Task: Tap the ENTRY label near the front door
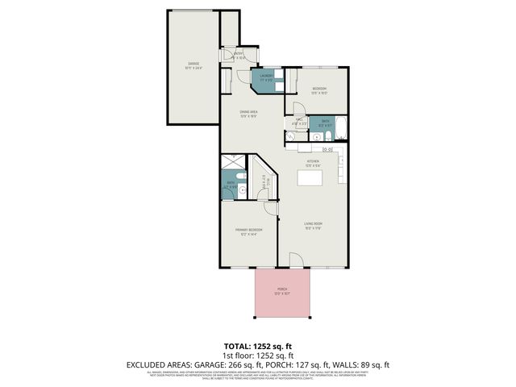click(x=239, y=56)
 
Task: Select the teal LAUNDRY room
click(x=265, y=79)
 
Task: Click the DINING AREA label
click(x=248, y=114)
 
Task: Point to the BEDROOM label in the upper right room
click(x=320, y=89)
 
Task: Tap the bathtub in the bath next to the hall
click(x=339, y=127)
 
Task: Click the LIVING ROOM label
click(x=313, y=225)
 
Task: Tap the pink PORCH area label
click(x=282, y=291)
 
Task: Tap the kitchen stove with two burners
click(x=328, y=149)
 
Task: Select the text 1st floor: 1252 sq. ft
click(x=257, y=355)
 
